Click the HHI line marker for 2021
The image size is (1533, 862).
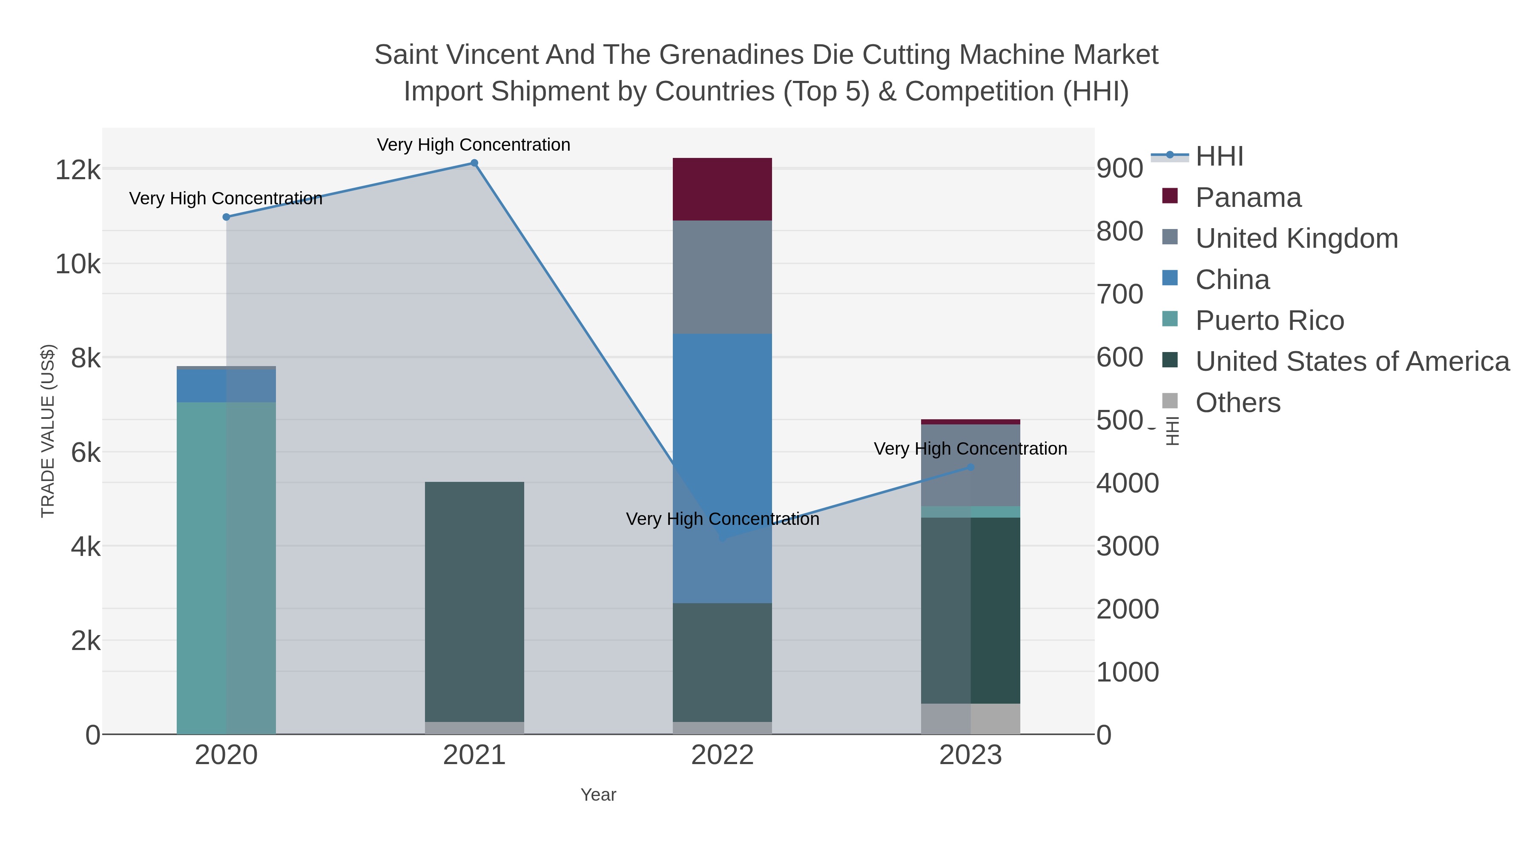tap(474, 163)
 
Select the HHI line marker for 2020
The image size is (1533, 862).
tap(226, 217)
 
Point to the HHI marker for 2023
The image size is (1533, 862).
tap(970, 467)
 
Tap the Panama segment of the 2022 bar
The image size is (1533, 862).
tap(722, 189)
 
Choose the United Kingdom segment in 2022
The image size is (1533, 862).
tap(722, 277)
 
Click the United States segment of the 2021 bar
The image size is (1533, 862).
tap(474, 601)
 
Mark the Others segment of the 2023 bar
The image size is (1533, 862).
tap(970, 719)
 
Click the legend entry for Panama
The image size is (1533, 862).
tap(1248, 198)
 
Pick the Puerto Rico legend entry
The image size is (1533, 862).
tap(1269, 321)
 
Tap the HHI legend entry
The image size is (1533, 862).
tap(1219, 157)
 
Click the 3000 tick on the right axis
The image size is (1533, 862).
tap(1128, 546)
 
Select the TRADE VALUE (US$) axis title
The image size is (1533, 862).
tap(48, 431)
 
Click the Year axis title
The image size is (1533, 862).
tap(598, 795)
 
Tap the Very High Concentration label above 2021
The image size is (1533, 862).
tap(474, 145)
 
